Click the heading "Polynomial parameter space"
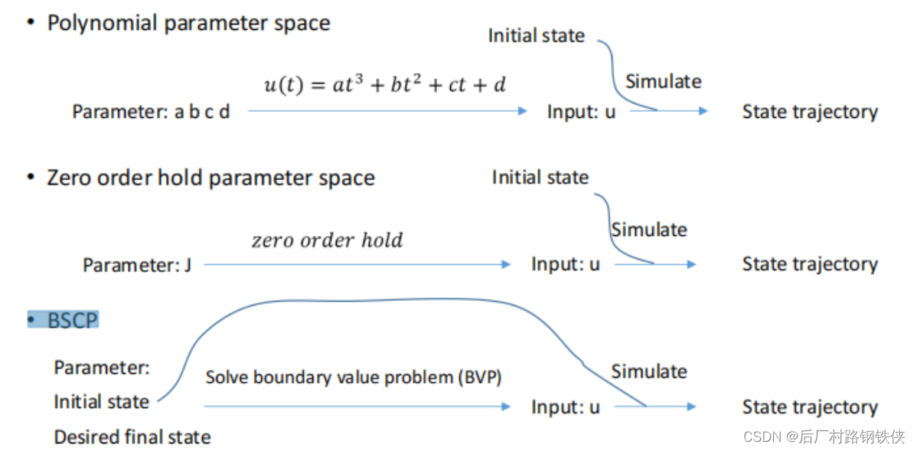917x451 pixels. pyautogui.click(x=188, y=23)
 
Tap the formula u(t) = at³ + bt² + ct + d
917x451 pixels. pyautogui.click(x=385, y=83)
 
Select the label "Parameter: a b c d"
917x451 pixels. pyautogui.click(x=151, y=112)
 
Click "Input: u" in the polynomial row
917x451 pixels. pyautogui.click(x=581, y=112)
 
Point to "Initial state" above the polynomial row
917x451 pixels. pyautogui.click(x=536, y=35)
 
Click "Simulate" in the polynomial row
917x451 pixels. pyautogui.click(x=663, y=81)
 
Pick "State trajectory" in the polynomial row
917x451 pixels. pyautogui.click(x=810, y=112)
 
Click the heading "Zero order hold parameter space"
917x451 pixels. pyautogui.click(x=210, y=178)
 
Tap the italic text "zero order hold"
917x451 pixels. pyautogui.click(x=327, y=240)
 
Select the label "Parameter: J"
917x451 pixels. pyautogui.click(x=137, y=266)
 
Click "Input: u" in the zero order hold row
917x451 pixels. pyautogui.click(x=566, y=265)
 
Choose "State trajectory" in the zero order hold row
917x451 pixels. pyautogui.click(x=810, y=265)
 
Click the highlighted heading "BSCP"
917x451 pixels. pyautogui.click(x=73, y=320)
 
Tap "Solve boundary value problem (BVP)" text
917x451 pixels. pyautogui.click(x=353, y=377)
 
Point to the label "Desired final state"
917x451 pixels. pyautogui.click(x=132, y=437)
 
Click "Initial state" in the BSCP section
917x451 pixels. pyautogui.click(x=101, y=401)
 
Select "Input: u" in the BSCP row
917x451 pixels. pyautogui.click(x=566, y=407)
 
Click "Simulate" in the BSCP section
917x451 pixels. pyautogui.click(x=648, y=371)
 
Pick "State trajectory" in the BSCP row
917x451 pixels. pyautogui.click(x=810, y=407)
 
